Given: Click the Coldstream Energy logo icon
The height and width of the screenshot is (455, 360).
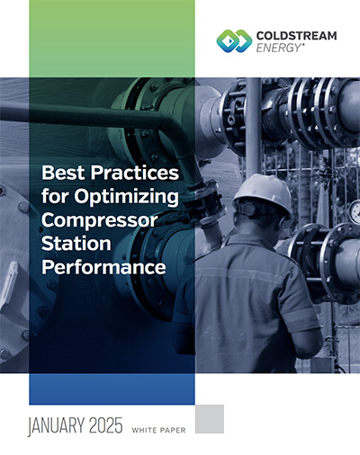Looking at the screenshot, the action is point(234,41).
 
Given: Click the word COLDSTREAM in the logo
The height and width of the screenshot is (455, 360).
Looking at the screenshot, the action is point(296,36).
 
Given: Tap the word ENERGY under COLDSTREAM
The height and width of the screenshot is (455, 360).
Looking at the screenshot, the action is point(278,48).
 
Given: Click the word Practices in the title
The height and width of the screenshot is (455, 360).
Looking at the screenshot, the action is point(135,173).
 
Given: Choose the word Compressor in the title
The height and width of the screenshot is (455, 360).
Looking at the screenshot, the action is point(99,220).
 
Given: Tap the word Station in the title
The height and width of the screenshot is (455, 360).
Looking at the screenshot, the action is point(76,244).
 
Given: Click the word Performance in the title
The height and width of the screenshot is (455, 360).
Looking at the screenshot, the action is point(103,267).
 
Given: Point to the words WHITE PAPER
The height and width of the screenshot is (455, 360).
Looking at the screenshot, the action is point(158,431).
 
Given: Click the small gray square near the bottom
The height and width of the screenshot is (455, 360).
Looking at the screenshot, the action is point(210,419).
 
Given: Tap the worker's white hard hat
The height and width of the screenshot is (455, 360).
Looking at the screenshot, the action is point(263,192).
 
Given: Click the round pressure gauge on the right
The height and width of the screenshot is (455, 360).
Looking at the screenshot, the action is point(355,212).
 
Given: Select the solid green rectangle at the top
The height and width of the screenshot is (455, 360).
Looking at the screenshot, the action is point(112,39).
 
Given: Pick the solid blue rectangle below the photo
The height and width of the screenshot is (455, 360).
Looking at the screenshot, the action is point(112,389).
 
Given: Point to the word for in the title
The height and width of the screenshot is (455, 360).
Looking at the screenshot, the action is point(56,196).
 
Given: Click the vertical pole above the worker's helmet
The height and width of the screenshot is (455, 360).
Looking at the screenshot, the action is point(254,126).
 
